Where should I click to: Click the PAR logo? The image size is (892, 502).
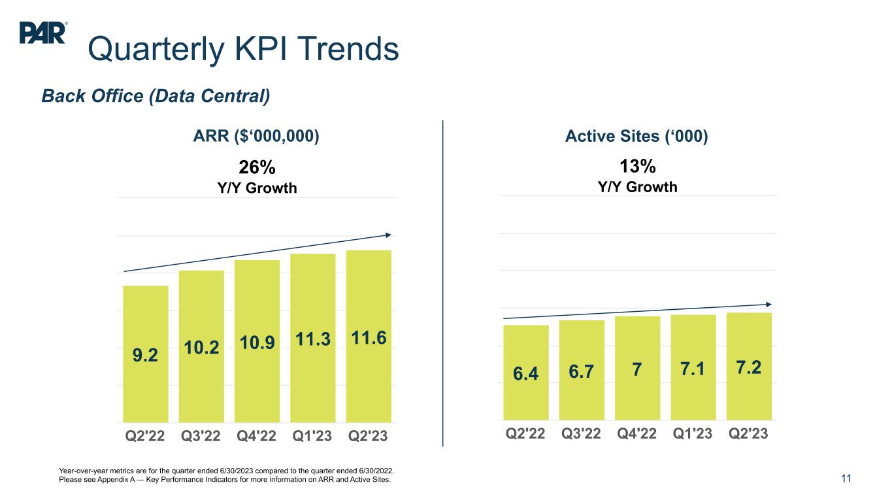tap(43, 33)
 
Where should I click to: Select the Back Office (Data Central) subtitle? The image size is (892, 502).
tap(156, 96)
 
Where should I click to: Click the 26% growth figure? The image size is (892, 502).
tap(256, 167)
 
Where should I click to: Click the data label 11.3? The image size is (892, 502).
tap(312, 339)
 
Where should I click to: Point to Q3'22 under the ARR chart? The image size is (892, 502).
tap(201, 435)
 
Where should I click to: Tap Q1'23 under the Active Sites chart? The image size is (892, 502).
tap(693, 434)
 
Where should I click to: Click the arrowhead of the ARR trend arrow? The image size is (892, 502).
tap(388, 235)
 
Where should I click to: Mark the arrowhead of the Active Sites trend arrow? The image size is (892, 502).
tap(768, 304)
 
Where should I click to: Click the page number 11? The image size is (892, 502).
tap(846, 478)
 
